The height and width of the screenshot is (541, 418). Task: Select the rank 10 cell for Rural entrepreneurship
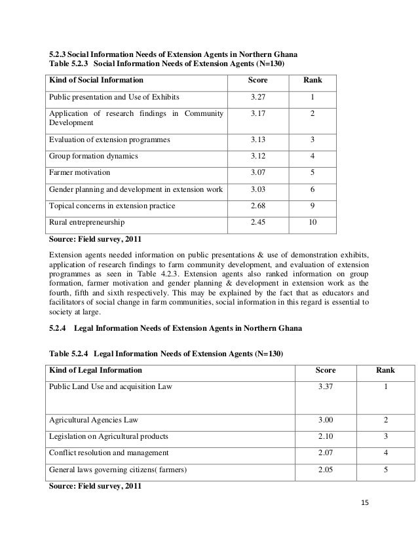(x=311, y=223)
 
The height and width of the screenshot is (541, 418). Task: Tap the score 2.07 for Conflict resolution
(x=326, y=453)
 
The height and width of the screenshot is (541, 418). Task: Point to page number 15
(x=366, y=502)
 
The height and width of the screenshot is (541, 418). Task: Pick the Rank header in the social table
(x=311, y=81)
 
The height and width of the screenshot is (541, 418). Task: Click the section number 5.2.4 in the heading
(x=59, y=327)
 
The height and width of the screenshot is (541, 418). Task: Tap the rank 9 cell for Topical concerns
(x=311, y=206)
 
